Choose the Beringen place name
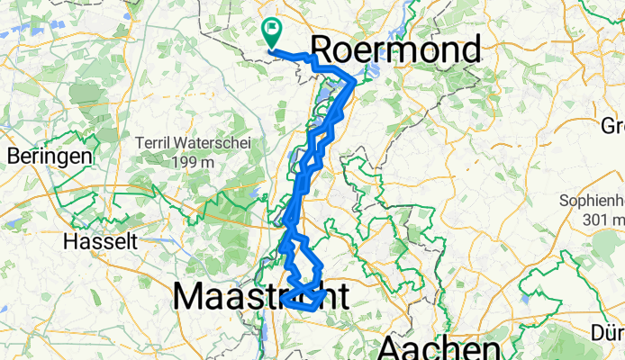point(50,156)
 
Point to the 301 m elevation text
point(602,219)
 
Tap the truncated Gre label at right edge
point(613,125)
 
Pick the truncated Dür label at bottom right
point(608,334)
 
